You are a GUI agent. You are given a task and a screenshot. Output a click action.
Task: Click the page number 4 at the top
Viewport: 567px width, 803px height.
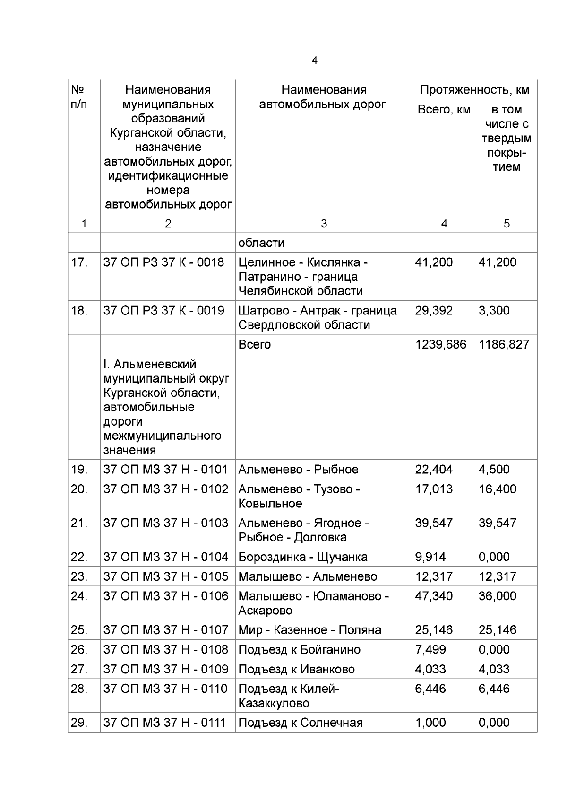click(315, 61)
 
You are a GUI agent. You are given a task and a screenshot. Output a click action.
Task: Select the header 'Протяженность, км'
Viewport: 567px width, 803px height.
click(474, 90)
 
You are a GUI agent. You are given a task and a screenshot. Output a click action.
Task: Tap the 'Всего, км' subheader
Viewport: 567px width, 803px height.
click(444, 110)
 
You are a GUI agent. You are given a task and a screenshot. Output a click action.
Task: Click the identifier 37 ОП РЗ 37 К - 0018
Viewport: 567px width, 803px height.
click(163, 262)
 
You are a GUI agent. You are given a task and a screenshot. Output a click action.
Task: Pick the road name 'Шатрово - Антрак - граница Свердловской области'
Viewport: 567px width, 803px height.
click(317, 317)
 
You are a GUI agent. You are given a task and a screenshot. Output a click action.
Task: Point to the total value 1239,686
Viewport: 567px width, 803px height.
click(440, 344)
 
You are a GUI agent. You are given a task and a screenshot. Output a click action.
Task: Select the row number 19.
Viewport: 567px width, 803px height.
click(79, 470)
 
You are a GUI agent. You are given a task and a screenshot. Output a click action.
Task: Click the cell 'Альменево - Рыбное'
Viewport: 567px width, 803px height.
click(298, 470)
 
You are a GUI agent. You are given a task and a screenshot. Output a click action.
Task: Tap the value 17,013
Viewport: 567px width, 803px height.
click(433, 489)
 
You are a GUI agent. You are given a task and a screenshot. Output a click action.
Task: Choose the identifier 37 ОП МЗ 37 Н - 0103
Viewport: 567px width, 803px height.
click(165, 523)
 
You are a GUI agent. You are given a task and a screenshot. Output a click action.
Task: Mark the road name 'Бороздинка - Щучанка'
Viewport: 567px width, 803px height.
click(302, 557)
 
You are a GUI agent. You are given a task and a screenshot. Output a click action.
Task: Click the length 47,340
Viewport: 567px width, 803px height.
click(433, 596)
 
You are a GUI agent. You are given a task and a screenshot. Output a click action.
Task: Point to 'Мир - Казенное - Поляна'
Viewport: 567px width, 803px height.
click(309, 630)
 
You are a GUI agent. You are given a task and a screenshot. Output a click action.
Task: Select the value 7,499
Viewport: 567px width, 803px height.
click(430, 650)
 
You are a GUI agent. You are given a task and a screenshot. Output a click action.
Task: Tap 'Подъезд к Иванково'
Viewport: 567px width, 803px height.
click(296, 669)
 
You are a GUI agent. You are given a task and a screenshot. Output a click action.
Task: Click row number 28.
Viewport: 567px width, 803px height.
click(79, 689)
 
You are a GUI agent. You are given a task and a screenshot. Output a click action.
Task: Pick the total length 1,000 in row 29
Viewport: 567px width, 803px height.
click(430, 723)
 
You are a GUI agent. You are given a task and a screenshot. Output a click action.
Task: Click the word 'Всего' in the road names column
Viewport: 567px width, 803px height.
click(254, 344)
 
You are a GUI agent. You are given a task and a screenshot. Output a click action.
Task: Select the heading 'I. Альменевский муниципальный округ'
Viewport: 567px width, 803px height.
click(166, 372)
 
